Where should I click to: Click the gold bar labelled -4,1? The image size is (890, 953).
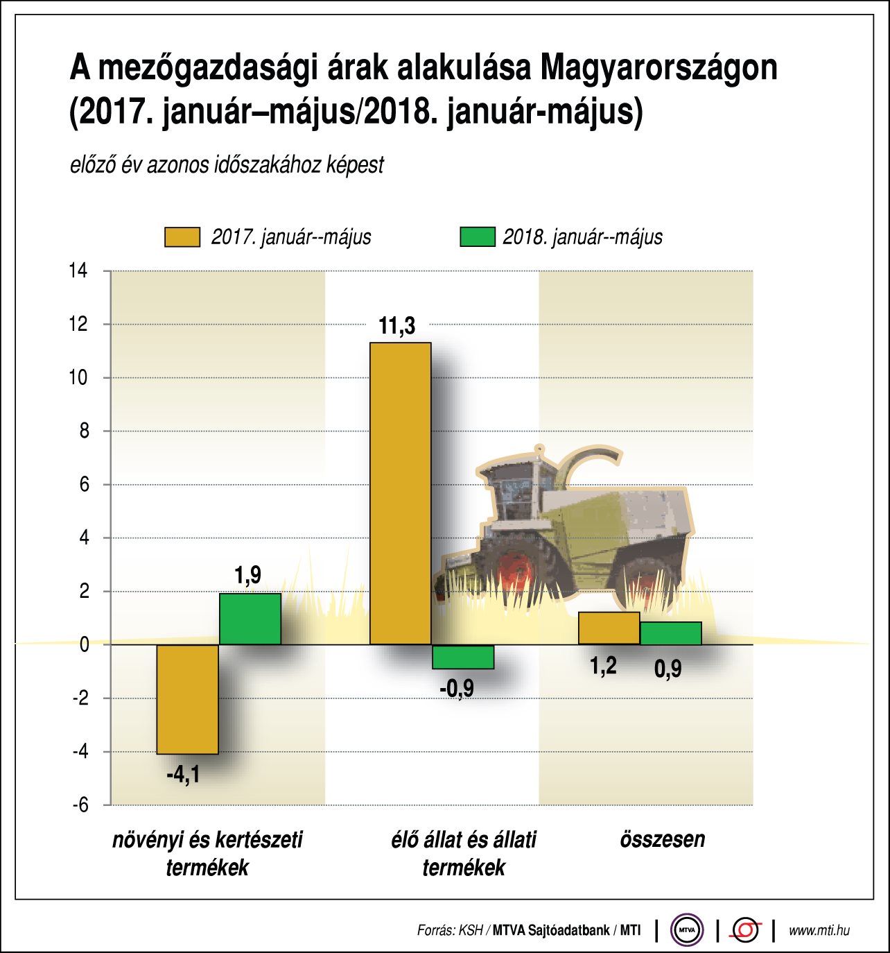187,699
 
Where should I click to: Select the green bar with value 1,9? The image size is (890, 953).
250,619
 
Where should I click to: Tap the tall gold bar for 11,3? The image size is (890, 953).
400,493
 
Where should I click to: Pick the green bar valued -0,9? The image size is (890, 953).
463,657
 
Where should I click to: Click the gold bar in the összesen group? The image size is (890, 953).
609,628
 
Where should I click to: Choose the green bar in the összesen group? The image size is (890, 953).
670,633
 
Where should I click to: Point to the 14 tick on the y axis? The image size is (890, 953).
78,271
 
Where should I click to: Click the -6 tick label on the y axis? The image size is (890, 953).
80,805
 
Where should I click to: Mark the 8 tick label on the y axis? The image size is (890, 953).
84,431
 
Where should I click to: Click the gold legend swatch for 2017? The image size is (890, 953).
182,237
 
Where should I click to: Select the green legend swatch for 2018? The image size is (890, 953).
478,237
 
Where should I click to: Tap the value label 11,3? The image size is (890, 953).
397,326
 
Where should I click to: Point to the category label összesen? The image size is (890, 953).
662,840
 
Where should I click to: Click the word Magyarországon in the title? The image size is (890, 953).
658,69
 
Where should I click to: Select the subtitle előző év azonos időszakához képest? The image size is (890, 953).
227,166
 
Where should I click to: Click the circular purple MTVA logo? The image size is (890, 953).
686,930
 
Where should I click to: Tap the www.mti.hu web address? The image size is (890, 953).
819,931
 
